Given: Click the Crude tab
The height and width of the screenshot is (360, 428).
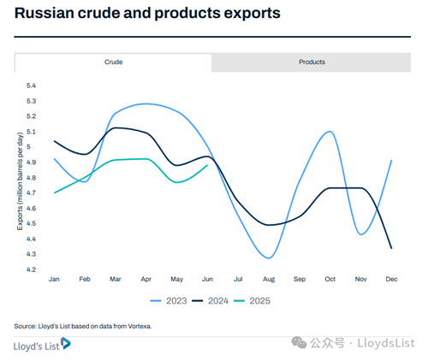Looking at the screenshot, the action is coord(113,62).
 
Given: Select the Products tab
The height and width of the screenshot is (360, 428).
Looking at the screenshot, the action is coord(312,62).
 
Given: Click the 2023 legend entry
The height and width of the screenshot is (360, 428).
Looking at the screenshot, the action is coord(169,301).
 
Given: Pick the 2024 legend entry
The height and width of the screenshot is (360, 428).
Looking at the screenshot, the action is coord(210,301).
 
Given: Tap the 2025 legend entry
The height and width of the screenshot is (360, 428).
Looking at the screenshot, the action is coord(252,301).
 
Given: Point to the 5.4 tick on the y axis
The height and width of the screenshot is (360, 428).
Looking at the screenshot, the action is coord(31,86).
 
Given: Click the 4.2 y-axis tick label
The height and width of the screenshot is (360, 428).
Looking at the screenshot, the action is coord(31,269).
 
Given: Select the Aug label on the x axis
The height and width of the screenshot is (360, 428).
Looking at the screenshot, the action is coord(269,280).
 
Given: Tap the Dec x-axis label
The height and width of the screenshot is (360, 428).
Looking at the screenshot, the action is coord(391,280).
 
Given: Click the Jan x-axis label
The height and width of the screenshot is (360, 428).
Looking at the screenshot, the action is coord(54,280).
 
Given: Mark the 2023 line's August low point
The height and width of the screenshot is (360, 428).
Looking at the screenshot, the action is coord(269,258).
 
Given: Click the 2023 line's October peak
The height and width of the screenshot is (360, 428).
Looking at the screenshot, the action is coord(330,132).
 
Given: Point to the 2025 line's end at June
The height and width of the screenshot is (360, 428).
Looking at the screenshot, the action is coord(207,165).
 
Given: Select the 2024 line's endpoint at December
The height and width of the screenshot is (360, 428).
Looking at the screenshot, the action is coord(391,248).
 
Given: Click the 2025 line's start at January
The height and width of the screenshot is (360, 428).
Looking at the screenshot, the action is coord(54,193).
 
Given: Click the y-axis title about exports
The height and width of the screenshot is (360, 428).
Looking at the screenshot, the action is coord(20,181).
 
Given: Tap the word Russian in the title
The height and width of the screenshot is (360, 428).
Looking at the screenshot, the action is coord(44,13).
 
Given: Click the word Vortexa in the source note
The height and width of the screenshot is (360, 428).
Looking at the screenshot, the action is coord(140,326).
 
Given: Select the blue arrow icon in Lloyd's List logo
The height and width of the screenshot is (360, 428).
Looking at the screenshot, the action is coord(66,343).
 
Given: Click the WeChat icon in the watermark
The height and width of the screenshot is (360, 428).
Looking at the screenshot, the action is coord(299,342).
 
